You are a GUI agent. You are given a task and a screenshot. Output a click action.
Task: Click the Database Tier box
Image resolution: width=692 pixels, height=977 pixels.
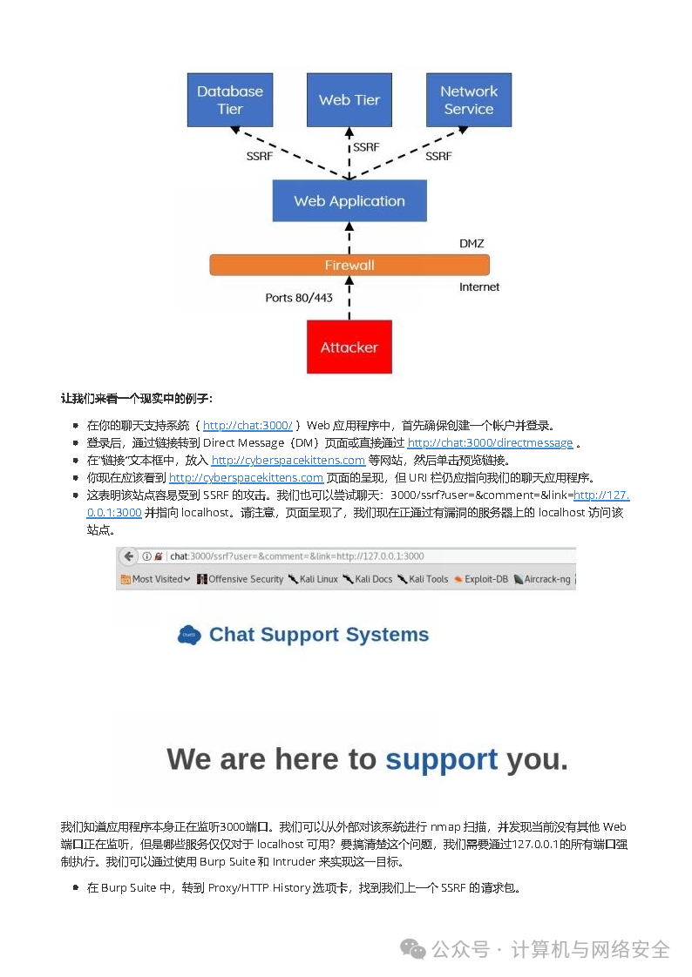pos(230,100)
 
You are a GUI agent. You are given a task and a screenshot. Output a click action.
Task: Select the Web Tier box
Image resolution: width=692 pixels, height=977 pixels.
pos(349,100)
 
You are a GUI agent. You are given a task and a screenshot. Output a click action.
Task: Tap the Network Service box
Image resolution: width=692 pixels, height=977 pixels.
pos(469,100)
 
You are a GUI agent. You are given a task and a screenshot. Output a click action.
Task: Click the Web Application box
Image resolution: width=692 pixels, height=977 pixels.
pos(349,201)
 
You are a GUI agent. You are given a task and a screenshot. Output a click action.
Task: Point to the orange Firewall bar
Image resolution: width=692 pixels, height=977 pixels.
pos(349,265)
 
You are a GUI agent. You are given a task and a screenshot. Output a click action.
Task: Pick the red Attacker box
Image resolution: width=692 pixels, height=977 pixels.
pos(349,347)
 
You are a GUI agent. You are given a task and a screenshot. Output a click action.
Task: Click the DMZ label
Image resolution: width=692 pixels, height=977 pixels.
pos(472,243)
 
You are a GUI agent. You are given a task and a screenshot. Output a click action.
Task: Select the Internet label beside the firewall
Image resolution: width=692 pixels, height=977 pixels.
pos(479,286)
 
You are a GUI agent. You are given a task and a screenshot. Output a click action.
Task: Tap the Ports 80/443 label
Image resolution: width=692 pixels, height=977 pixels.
pos(298,298)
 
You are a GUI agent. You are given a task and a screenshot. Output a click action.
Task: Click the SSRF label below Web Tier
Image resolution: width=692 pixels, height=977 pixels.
pos(366,147)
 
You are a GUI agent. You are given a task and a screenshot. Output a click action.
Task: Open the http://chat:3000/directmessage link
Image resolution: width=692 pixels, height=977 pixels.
pos(490,443)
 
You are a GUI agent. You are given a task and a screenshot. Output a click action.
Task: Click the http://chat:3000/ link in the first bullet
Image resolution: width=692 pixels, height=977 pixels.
pos(248,426)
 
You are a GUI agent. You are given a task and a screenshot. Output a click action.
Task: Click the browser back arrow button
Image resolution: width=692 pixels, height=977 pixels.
pos(129,556)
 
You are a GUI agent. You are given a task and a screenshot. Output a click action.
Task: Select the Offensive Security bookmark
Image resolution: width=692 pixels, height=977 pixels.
pos(241,579)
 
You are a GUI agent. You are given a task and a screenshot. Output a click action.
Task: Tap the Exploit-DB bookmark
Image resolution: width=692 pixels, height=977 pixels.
pos(481,579)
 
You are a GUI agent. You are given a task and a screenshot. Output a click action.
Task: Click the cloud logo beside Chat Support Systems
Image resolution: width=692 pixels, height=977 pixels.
pos(189,636)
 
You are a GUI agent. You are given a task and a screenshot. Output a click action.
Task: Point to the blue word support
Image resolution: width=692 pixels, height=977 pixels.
pos(441,759)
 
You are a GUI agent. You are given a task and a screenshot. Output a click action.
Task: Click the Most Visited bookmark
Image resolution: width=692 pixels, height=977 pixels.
pos(156,579)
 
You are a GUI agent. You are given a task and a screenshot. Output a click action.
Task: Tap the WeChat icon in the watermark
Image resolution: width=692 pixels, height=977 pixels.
pos(414,948)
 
